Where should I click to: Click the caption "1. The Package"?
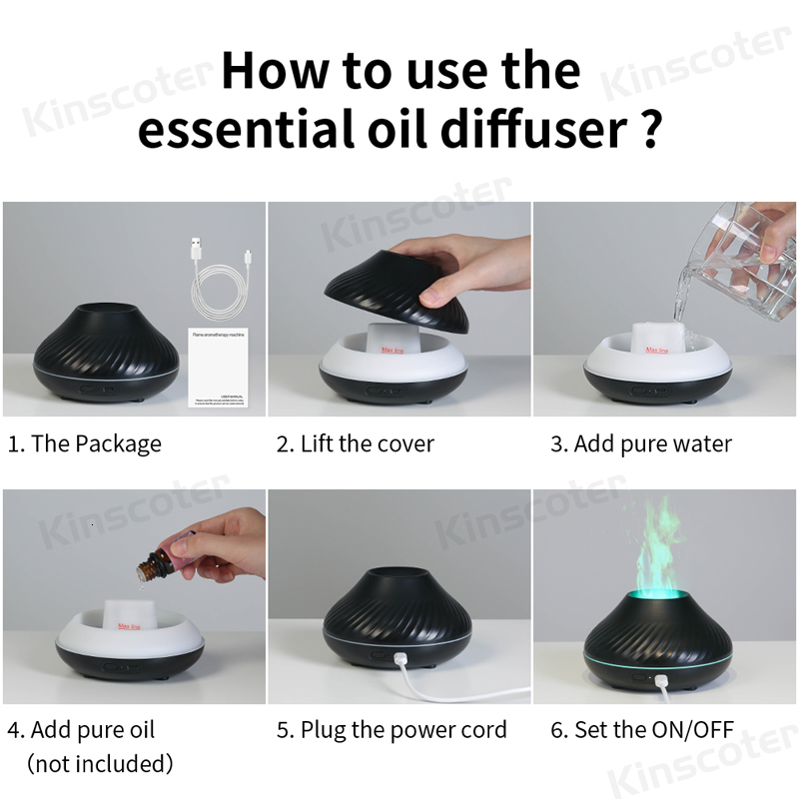click(x=85, y=443)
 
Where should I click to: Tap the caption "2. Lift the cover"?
click(x=356, y=443)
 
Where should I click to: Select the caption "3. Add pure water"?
click(x=641, y=443)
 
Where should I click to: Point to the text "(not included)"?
click(x=100, y=764)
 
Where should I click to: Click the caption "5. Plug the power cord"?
click(x=392, y=730)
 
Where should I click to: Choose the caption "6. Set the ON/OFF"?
click(x=642, y=730)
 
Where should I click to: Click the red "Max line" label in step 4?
click(x=131, y=625)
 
